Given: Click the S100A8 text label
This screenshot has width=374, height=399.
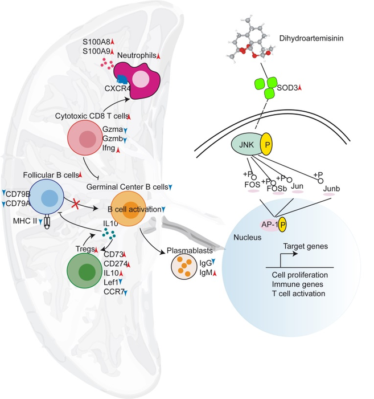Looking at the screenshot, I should point(95,42).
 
